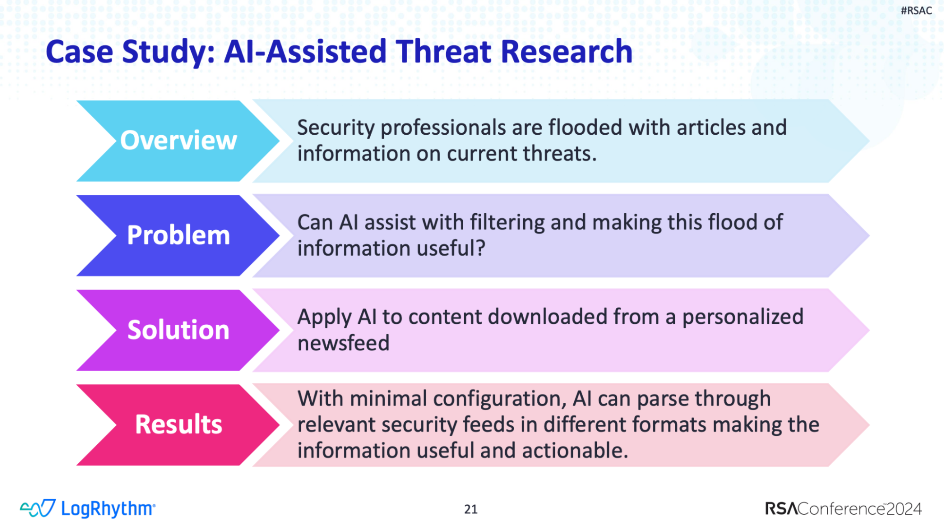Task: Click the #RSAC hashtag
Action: [916, 10]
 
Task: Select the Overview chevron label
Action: [179, 140]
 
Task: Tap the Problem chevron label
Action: [179, 235]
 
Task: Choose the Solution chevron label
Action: [179, 329]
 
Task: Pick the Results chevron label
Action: [179, 424]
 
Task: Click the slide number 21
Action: [471, 509]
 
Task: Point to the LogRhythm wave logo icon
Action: [38, 508]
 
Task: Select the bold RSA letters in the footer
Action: [782, 509]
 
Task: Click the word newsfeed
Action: [343, 343]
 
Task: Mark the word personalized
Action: [743, 317]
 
